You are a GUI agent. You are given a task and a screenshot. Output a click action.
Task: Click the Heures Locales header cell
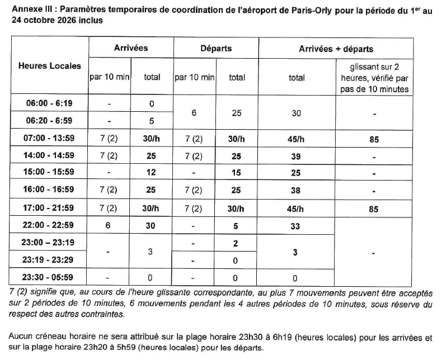50,66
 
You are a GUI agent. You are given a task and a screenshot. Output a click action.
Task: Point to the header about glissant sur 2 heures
374,78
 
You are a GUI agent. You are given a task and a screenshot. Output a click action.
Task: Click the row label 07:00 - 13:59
50,139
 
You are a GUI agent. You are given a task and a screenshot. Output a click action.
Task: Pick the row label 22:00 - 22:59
50,226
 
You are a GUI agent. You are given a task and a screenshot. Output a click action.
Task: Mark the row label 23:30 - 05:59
50,277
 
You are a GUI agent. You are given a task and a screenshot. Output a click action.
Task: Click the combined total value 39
297,157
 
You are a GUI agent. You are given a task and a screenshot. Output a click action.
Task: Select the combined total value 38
297,191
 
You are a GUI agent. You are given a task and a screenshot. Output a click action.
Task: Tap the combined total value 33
297,226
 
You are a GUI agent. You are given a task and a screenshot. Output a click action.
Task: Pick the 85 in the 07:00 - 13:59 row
374,139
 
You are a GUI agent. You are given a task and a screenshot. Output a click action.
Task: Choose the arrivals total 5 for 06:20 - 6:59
152,121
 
